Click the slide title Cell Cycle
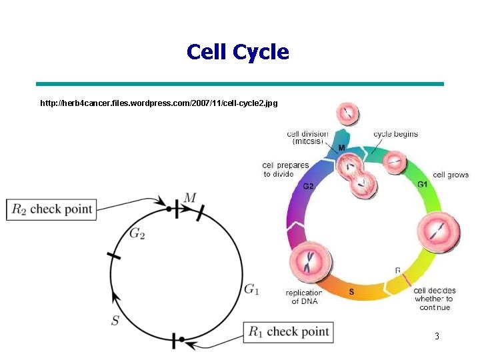(x=238, y=52)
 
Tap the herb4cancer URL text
(x=159, y=104)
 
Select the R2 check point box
(x=51, y=209)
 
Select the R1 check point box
(x=289, y=331)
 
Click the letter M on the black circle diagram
(x=191, y=197)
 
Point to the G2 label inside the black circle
(x=137, y=234)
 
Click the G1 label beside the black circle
(x=251, y=289)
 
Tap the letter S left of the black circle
(x=115, y=321)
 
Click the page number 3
(x=437, y=337)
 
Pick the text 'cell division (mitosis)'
(x=307, y=137)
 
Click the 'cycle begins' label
(x=395, y=134)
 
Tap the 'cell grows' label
(x=451, y=175)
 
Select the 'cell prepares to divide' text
(x=286, y=169)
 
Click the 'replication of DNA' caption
(x=303, y=297)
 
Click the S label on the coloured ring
(x=351, y=292)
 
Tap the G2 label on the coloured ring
(x=308, y=186)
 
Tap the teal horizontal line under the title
(x=239, y=84)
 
